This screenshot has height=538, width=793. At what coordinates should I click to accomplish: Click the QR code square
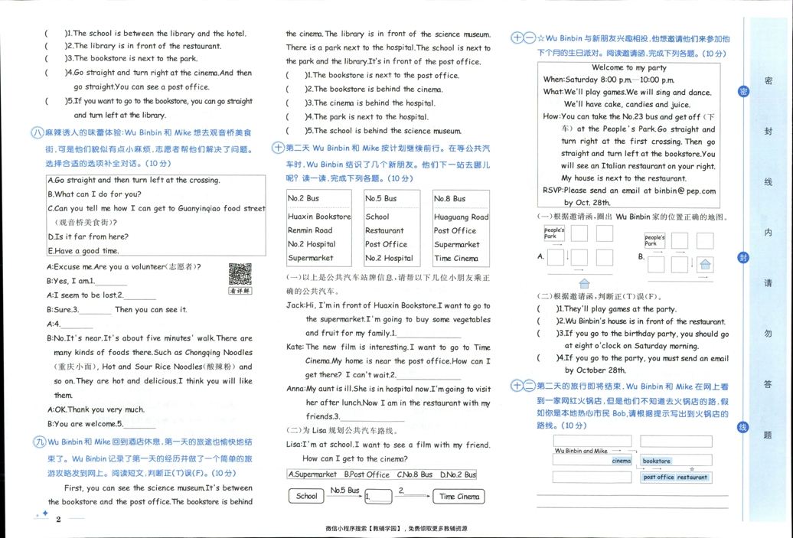240,274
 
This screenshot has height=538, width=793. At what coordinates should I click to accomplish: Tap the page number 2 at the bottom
58,519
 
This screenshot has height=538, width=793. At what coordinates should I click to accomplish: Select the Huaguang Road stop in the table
461,217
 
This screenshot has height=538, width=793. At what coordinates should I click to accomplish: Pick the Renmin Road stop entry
310,230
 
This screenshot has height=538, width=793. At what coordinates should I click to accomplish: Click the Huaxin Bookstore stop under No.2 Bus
319,217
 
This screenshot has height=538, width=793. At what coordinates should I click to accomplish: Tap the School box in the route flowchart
306,496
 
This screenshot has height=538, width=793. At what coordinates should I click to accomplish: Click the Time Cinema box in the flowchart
459,496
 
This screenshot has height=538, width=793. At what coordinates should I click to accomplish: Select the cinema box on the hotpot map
621,461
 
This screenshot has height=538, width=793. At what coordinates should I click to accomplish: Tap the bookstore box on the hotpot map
657,461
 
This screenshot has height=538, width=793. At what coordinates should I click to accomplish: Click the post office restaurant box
675,477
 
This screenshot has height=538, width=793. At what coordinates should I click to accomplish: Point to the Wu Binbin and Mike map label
581,451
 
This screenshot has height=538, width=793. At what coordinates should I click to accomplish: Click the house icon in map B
705,265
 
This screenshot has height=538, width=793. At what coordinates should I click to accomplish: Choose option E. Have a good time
83,251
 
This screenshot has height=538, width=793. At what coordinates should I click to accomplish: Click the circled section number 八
37,132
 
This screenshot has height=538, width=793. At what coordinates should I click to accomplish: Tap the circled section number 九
38,442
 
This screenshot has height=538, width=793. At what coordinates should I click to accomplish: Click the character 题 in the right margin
768,435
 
